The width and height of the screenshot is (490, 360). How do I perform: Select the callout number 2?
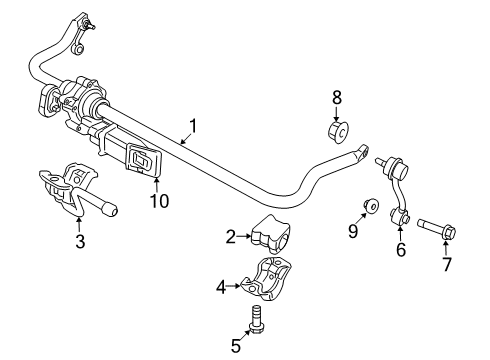click(x=231, y=237)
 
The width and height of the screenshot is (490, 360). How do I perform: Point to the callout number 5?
click(x=235, y=346)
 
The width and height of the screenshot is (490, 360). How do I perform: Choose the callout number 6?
click(x=400, y=251)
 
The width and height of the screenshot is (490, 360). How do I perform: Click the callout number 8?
click(x=337, y=98)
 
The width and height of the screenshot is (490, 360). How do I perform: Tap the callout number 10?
click(x=159, y=200)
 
